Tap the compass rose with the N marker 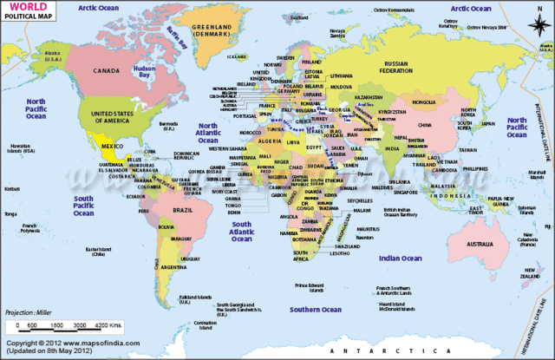point(540,23)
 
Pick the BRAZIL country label point(183,211)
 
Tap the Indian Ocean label point(399,258)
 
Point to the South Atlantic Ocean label point(240,231)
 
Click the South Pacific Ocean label point(83,204)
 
